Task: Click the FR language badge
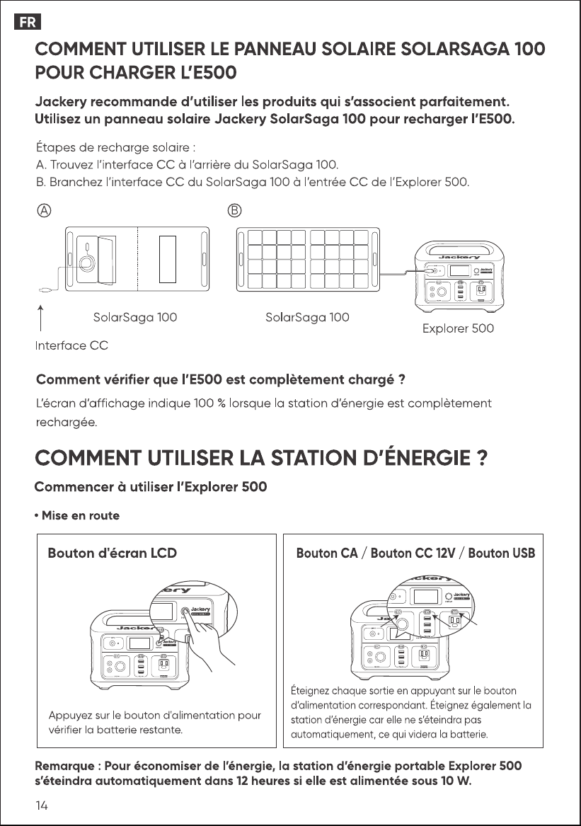pyautogui.click(x=28, y=22)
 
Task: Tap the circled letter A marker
pyautogui.click(x=45, y=210)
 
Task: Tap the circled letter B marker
pyautogui.click(x=234, y=210)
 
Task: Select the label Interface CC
pyautogui.click(x=71, y=345)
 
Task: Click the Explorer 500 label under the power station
pyautogui.click(x=458, y=328)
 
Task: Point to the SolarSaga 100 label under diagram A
pyautogui.click(x=135, y=317)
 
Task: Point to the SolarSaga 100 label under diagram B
pyautogui.click(x=307, y=317)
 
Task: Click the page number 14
pyautogui.click(x=42, y=805)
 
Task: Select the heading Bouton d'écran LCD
pyautogui.click(x=113, y=553)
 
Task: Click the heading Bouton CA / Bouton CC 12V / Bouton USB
pyautogui.click(x=415, y=553)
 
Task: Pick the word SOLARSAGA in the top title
pyautogui.click(x=454, y=49)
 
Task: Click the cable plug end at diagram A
pyautogui.click(x=45, y=289)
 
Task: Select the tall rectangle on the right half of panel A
pyautogui.click(x=168, y=259)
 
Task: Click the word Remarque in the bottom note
pyautogui.click(x=64, y=766)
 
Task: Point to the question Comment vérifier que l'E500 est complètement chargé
pyautogui.click(x=221, y=380)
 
